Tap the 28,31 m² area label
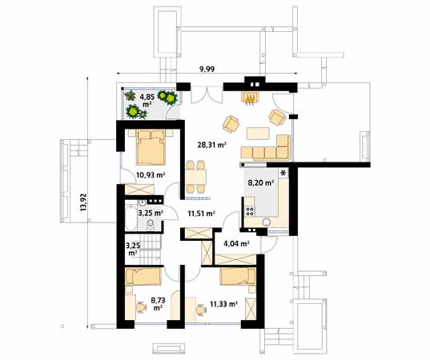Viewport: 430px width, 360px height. point(211,146)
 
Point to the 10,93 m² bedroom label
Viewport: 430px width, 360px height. point(150,174)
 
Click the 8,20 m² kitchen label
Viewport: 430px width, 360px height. point(261,183)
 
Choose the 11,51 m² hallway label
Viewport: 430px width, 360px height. point(202,214)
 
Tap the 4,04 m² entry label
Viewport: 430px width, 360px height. point(236,244)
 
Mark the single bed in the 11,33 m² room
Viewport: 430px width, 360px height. point(238,276)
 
